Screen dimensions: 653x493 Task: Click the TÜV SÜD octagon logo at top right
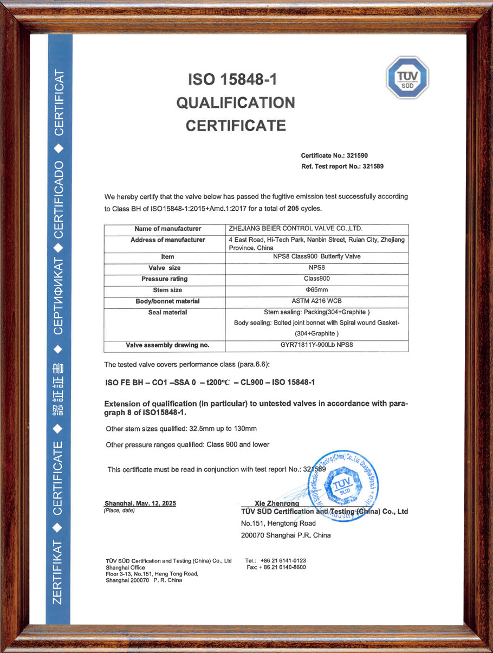[407, 78]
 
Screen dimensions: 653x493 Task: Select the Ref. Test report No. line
[342, 166]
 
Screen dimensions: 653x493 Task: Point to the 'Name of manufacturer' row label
[168, 229]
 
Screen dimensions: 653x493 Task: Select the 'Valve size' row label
[165, 268]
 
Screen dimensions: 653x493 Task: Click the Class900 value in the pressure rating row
[316, 279]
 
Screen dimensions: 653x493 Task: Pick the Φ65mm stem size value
[317, 290]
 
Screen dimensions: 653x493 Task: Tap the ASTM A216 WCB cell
[317, 301]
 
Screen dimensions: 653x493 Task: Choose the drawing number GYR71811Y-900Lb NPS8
[317, 345]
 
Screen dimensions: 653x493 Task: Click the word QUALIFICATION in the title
[236, 102]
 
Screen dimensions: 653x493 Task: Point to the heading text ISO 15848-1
[232, 80]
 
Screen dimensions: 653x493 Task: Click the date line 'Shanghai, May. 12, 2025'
[140, 503]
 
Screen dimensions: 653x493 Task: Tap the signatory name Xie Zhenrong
[276, 503]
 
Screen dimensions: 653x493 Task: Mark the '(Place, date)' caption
[119, 510]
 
